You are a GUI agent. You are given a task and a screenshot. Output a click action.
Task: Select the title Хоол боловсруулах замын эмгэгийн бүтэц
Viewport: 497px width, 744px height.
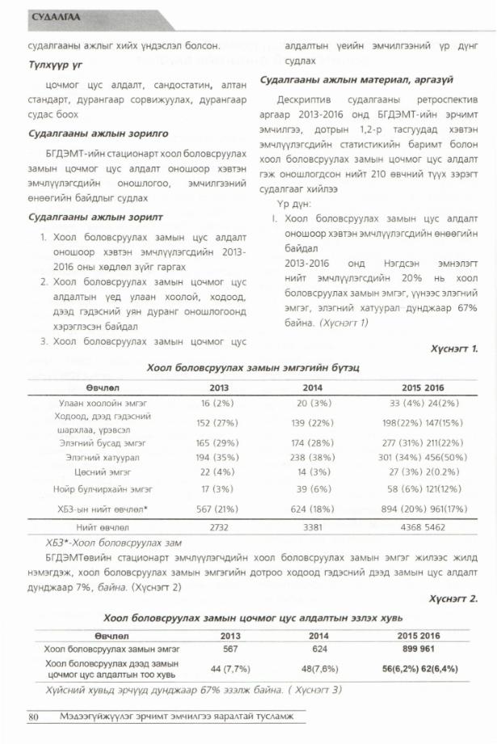click(x=253, y=368)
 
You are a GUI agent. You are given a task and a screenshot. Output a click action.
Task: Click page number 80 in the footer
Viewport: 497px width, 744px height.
click(x=34, y=717)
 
